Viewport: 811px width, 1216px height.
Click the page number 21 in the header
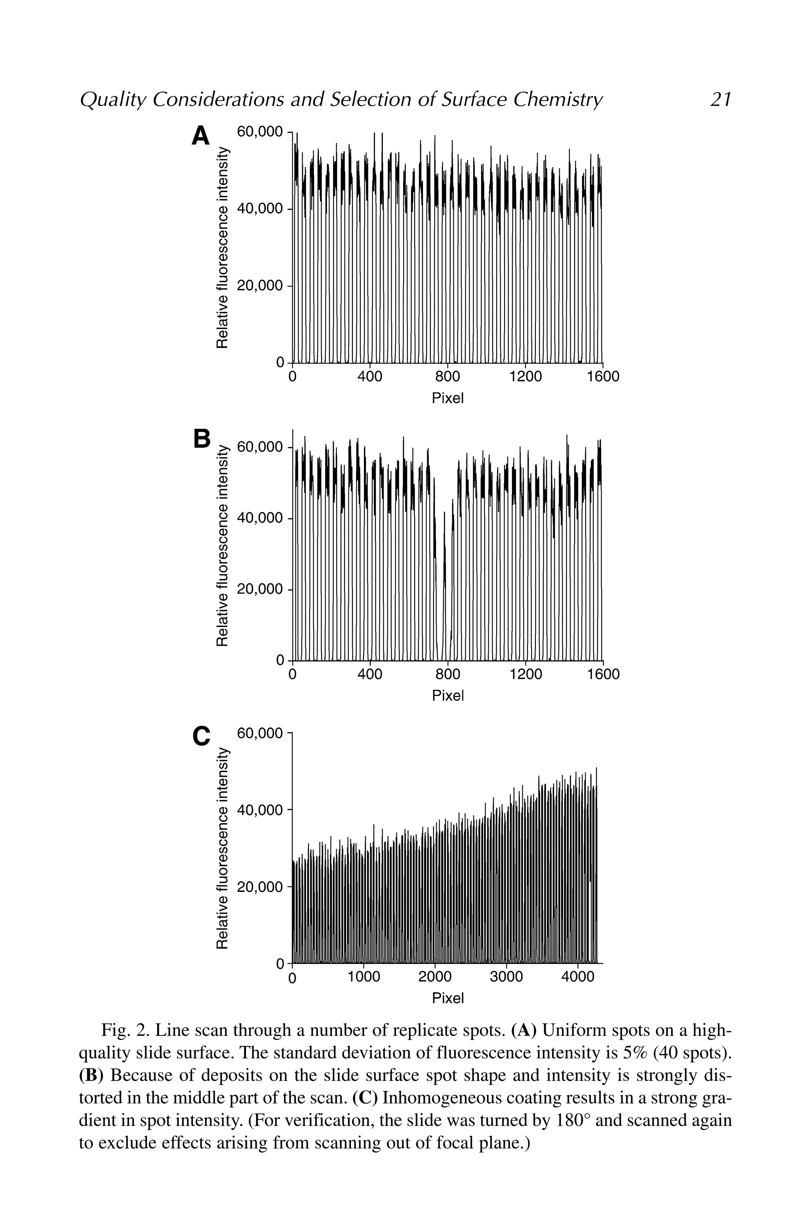pyautogui.click(x=720, y=99)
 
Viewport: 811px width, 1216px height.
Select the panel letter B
pyautogui.click(x=201, y=439)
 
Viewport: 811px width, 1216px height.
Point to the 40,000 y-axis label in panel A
pyautogui.click(x=260, y=209)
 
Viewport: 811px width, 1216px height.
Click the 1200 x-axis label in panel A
pyautogui.click(x=525, y=377)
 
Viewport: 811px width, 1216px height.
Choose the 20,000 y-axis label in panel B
pyautogui.click(x=260, y=589)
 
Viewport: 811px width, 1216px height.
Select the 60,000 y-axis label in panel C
pyautogui.click(x=260, y=733)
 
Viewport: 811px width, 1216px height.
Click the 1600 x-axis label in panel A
pyautogui.click(x=603, y=377)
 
